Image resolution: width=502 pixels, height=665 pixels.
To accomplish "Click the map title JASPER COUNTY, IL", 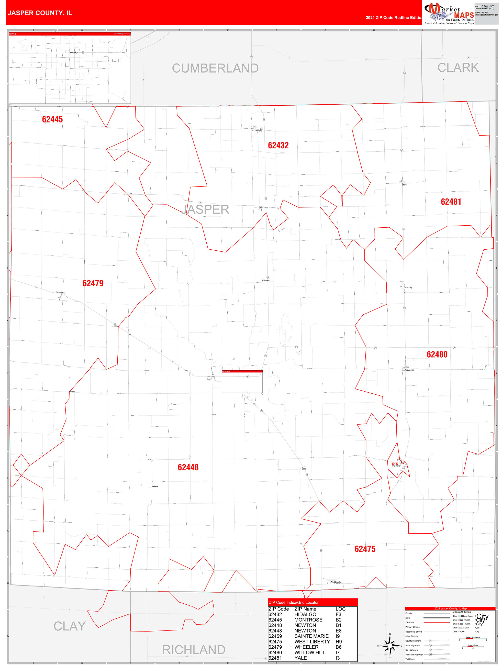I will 40,13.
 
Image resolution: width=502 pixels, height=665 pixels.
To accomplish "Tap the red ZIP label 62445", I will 52,119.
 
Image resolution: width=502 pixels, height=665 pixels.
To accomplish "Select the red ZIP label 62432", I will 278,146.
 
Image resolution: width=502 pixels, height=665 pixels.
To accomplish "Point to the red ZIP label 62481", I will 451,202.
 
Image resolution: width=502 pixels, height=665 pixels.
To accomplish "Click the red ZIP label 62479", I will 93,283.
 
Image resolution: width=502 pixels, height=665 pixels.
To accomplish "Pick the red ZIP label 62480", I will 437,354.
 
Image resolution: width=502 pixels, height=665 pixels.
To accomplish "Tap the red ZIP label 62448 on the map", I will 188,467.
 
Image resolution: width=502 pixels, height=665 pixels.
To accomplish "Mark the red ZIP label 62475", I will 365,549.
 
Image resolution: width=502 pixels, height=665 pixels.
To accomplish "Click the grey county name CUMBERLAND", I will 215,68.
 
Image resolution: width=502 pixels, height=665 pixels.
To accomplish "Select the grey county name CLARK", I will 458,68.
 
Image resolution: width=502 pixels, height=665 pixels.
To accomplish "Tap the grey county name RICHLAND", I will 194,650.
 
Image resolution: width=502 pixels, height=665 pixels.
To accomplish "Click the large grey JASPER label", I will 205,209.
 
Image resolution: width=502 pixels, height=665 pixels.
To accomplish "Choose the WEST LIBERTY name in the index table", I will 312,641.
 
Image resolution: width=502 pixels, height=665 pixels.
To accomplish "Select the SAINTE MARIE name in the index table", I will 311,636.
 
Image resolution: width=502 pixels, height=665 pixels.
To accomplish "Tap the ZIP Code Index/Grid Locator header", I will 293,603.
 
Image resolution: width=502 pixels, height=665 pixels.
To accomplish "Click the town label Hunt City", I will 408,287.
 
